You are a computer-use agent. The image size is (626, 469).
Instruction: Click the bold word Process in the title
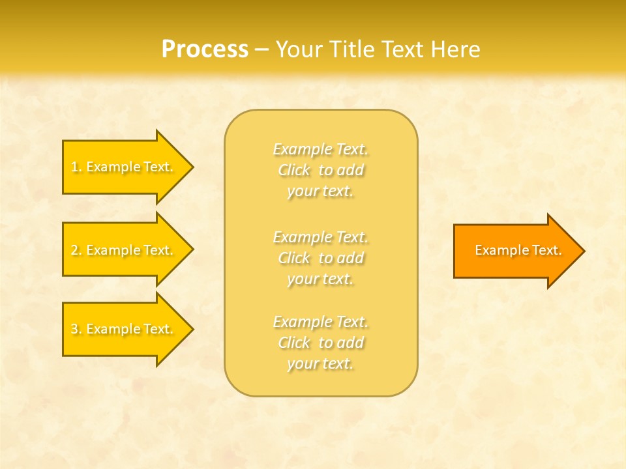205,50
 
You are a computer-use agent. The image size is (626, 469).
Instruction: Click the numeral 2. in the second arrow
76,250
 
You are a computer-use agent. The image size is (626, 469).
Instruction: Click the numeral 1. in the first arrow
76,167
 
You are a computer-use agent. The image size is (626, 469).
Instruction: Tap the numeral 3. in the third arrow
76,329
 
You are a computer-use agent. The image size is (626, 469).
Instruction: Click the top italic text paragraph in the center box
320,170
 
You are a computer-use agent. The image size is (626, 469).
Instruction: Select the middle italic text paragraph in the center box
320,257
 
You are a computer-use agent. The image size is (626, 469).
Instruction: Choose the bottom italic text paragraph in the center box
320,343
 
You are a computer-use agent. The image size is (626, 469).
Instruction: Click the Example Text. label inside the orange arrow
518,250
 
